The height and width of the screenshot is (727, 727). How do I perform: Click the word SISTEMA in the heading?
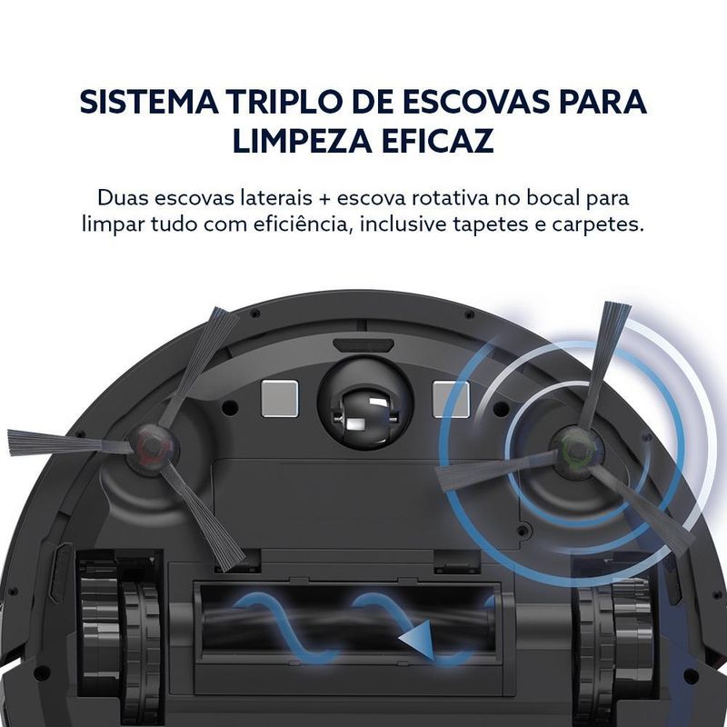tap(149, 101)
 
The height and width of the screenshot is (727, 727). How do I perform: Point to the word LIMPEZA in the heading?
tap(303, 141)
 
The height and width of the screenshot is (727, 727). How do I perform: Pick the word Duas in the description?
tap(123, 198)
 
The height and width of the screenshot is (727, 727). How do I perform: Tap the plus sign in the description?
tap(324, 199)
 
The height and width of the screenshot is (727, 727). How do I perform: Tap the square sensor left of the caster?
tap(279, 398)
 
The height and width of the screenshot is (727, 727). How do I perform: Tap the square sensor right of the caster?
tap(451, 398)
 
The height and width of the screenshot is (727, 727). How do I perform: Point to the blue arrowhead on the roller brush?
tap(416, 641)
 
